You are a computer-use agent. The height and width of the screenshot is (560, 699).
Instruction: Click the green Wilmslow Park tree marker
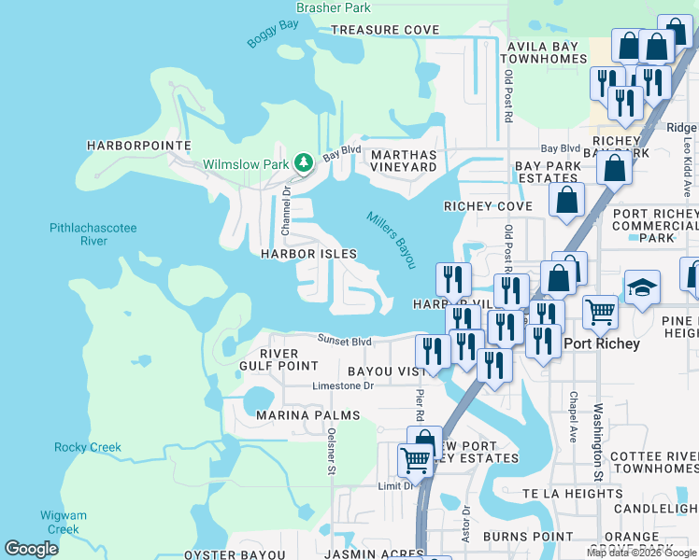[304, 163]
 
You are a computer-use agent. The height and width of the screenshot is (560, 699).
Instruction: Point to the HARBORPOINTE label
[138, 146]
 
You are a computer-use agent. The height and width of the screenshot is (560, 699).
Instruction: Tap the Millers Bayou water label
[390, 238]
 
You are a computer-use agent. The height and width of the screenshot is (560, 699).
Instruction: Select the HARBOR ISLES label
[308, 254]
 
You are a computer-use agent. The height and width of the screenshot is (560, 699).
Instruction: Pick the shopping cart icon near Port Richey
[599, 311]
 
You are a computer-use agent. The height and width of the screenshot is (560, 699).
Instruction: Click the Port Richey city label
[603, 343]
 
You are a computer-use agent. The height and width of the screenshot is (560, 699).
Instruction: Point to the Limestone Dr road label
[343, 385]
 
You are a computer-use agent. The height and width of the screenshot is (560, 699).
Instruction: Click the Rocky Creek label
[88, 447]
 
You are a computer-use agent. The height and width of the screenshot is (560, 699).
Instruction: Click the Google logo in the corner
[31, 549]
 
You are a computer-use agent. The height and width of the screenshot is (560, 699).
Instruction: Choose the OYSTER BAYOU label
[229, 554]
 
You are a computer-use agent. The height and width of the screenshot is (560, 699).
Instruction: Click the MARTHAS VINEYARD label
[404, 161]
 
